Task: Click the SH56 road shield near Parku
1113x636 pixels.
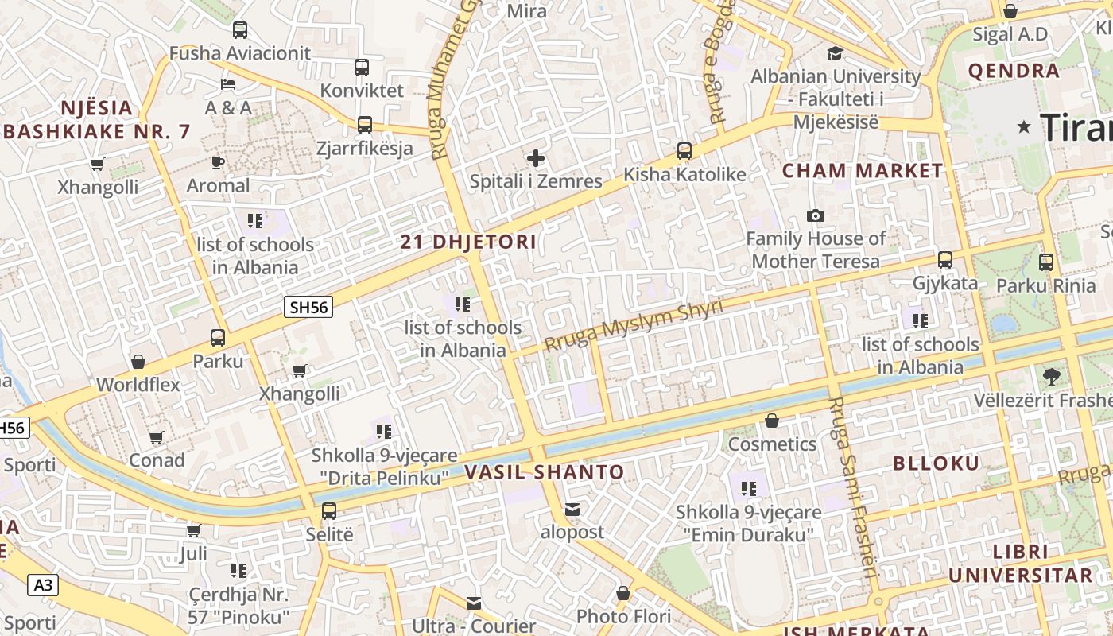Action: (x=308, y=307)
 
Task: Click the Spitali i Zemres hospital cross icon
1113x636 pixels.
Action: (x=536, y=158)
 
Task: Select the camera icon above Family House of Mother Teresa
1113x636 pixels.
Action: (x=815, y=215)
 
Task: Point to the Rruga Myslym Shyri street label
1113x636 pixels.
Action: (x=634, y=325)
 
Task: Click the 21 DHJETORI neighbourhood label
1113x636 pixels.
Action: (x=468, y=242)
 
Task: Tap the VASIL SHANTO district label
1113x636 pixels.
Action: (x=545, y=472)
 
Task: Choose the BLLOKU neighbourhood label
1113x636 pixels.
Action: (x=937, y=463)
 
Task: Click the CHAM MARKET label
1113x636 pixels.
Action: (x=863, y=171)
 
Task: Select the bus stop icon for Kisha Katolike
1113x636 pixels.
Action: (x=684, y=150)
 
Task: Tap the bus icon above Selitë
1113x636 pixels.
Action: (x=329, y=510)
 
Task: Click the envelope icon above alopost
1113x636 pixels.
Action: (x=572, y=509)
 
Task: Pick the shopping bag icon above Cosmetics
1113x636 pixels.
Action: (x=771, y=420)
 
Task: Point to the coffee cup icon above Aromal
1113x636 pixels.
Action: (x=217, y=162)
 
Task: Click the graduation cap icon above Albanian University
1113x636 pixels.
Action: (x=835, y=53)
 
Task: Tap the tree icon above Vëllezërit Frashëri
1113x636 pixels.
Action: (x=1051, y=375)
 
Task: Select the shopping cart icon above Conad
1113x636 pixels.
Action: (x=157, y=437)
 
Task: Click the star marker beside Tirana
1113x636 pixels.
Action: (x=1024, y=126)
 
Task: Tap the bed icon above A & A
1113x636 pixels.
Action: (x=228, y=83)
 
